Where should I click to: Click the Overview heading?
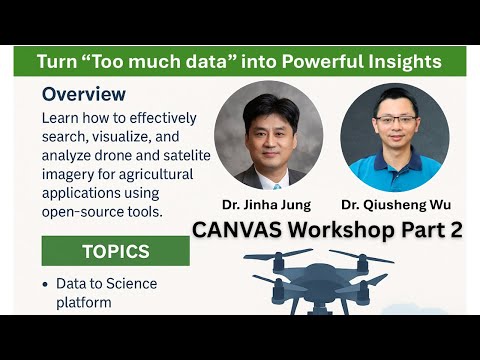[x=84, y=95]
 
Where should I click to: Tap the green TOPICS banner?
[x=115, y=251]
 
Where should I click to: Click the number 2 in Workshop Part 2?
[x=455, y=229]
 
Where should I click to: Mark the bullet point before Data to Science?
[x=45, y=285]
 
